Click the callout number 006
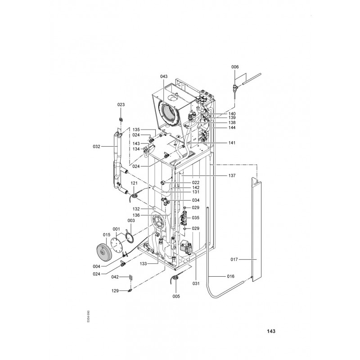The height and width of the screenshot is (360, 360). tap(235, 67)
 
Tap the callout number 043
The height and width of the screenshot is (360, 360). tap(164, 76)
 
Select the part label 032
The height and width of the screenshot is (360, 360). tap(96, 147)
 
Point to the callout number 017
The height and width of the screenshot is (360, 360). tap(234, 260)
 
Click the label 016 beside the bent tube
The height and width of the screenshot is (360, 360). tap(231, 276)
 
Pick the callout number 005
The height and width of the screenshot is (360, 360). tap(176, 297)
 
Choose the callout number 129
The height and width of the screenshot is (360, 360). tap(115, 291)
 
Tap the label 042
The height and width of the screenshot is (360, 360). tap(115, 277)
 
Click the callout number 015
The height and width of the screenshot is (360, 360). tap(107, 235)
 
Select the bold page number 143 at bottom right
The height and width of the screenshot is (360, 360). tap(271, 331)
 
